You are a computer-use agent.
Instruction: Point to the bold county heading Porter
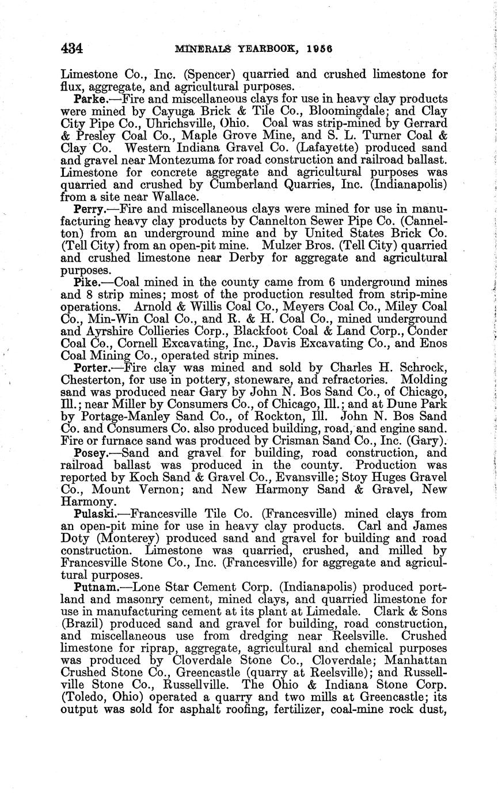point(92,368)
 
